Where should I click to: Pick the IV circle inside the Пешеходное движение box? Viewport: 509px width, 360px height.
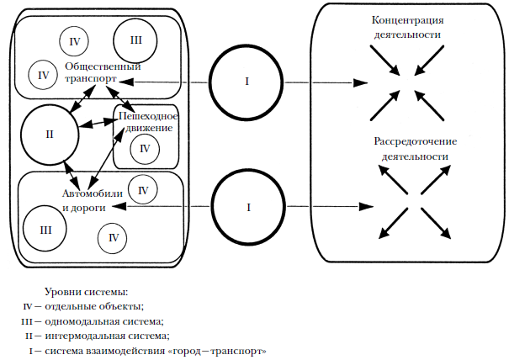pyautogui.click(x=145, y=149)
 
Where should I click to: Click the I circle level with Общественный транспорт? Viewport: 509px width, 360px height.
pyautogui.click(x=247, y=82)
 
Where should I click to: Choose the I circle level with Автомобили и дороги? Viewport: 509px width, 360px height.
pyautogui.click(x=247, y=206)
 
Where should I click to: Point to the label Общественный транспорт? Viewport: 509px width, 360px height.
pyautogui.click(x=102, y=72)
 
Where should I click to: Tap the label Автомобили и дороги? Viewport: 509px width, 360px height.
pyautogui.click(x=93, y=200)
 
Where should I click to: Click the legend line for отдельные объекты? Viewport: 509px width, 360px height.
pyautogui.click(x=84, y=305)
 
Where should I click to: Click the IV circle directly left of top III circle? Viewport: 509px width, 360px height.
pyautogui.click(x=75, y=40)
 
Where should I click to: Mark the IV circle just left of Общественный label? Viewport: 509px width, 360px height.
pyautogui.click(x=44, y=75)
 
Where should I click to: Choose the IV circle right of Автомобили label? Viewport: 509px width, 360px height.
pyautogui.click(x=143, y=191)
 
